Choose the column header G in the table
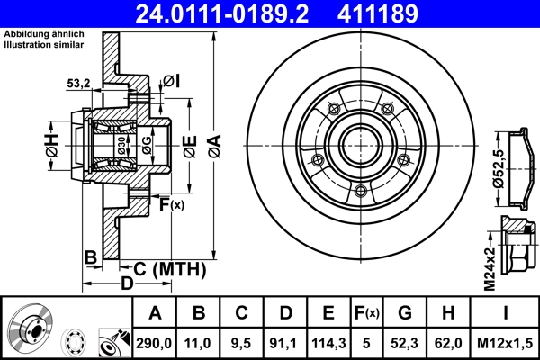(405, 312)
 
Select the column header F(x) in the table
(366, 312)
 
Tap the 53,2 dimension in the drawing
(80, 84)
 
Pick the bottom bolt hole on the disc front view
(360, 191)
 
